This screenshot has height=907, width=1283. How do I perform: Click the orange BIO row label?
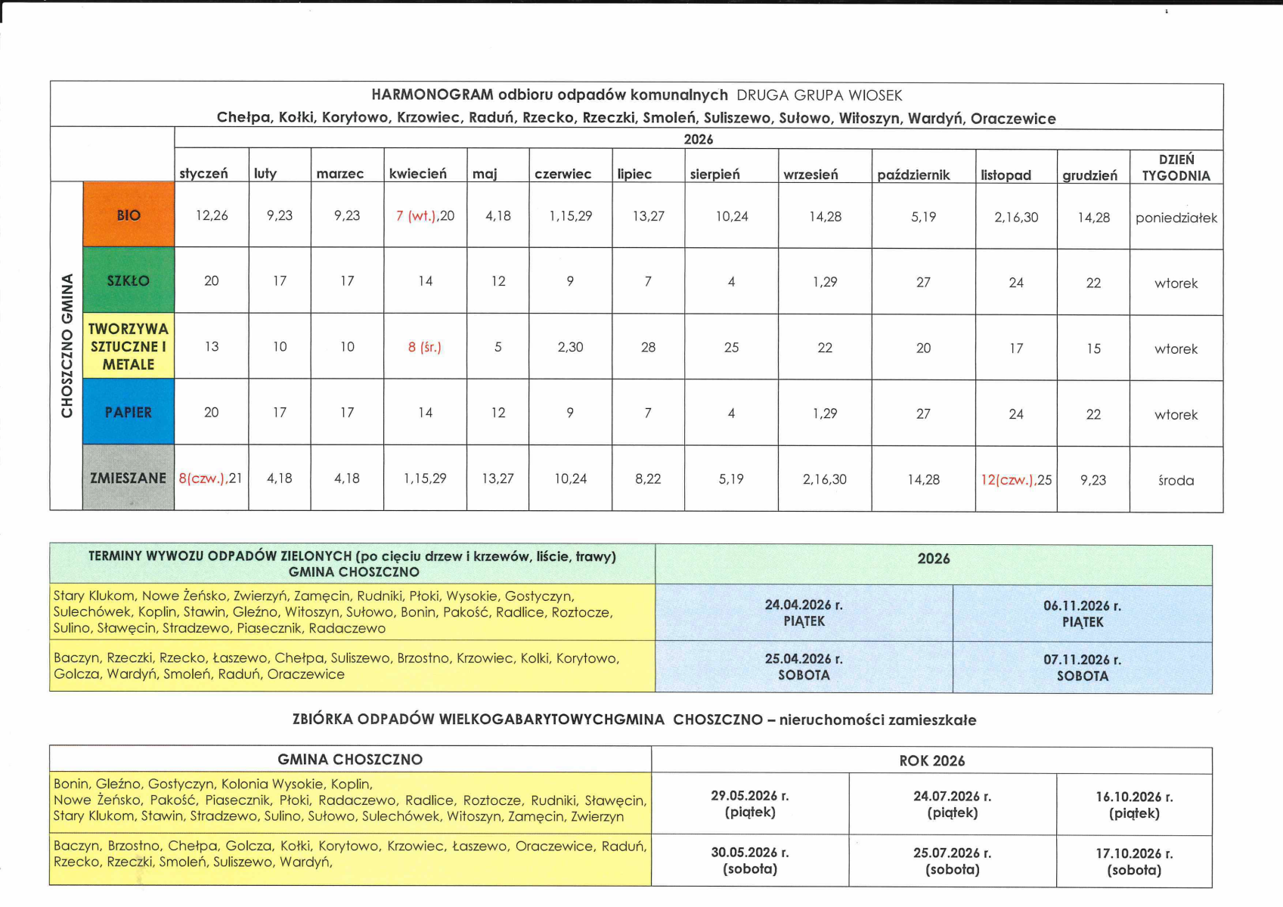[x=129, y=215]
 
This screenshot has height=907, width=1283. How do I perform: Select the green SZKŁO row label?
[x=129, y=280]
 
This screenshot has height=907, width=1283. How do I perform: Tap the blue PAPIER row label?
[x=129, y=412]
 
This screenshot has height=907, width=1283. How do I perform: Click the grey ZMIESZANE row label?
[x=129, y=478]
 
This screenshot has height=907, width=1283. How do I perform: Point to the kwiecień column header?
[x=417, y=174]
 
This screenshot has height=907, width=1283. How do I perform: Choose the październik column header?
[x=913, y=175]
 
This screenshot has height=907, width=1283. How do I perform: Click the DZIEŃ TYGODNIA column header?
[x=1176, y=168]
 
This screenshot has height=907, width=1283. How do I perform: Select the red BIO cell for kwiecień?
[x=425, y=216]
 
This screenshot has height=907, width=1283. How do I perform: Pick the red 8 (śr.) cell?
[x=425, y=347]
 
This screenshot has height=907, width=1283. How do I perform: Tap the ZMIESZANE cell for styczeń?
[x=211, y=478]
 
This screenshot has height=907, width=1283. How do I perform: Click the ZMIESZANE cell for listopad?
[x=1016, y=480]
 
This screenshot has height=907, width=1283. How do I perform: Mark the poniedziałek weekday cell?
[x=1176, y=218]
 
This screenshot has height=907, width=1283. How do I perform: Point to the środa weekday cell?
[x=1176, y=481]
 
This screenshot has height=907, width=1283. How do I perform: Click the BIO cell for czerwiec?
[x=570, y=216]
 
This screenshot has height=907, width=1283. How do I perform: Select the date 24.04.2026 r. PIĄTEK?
[x=804, y=613]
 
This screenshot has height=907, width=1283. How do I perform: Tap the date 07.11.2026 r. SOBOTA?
[x=1082, y=668]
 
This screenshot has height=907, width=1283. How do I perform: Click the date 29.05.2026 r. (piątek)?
[x=749, y=804]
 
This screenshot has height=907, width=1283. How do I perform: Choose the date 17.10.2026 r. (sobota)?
[x=1133, y=862]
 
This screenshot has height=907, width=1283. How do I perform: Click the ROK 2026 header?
[x=931, y=761]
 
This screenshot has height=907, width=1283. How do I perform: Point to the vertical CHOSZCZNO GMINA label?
[x=67, y=345]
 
